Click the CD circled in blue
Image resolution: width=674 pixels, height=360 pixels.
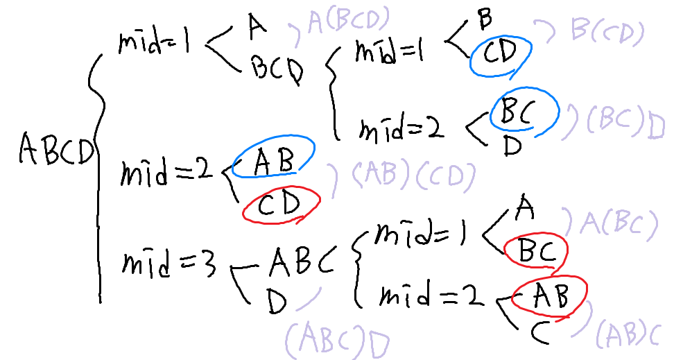(x=501, y=55)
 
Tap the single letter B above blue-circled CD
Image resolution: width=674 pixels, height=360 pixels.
(x=485, y=19)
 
